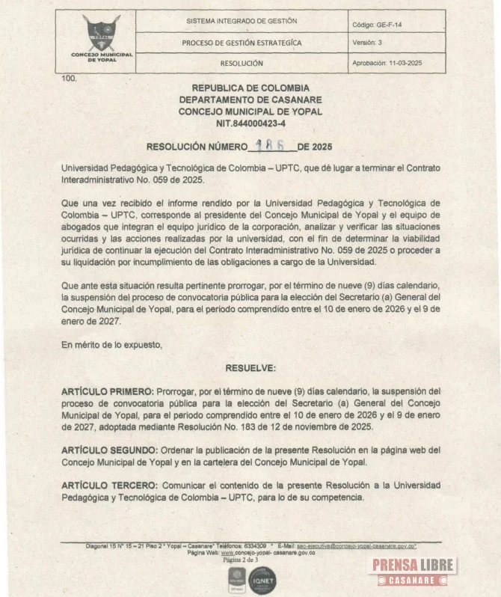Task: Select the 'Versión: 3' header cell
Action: (367, 43)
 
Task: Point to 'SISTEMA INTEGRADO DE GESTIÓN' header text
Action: (242, 22)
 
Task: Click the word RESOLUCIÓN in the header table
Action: (242, 64)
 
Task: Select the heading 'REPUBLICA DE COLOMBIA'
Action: (250, 88)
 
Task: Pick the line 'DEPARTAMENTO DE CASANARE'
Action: (250, 99)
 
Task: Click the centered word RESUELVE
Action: (250, 367)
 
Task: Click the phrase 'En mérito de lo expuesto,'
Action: (111, 345)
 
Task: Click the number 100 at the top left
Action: (69, 78)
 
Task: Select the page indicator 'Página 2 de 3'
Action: (240, 559)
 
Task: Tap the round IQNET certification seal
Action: (262, 580)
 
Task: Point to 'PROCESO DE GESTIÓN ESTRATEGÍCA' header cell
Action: (242, 43)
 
